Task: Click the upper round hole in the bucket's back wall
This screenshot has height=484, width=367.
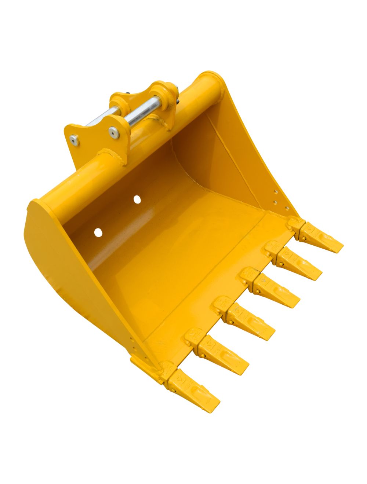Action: coord(137,199)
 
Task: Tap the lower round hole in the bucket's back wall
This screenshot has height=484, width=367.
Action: coord(98,232)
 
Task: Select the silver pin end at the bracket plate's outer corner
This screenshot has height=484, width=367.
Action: coord(75,140)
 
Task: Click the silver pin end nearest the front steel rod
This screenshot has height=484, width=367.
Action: coord(113,132)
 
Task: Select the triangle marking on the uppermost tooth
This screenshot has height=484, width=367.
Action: coord(311,229)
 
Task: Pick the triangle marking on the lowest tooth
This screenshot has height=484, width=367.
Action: coord(180,378)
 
